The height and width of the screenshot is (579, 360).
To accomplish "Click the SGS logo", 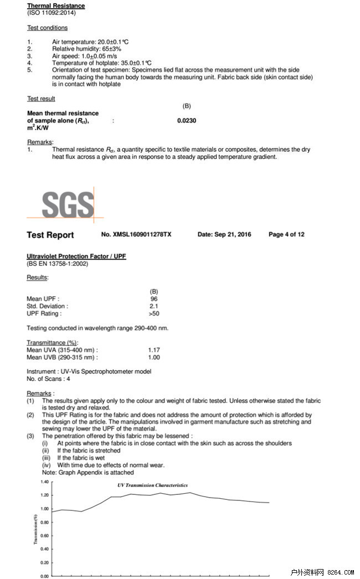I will tap(68, 203).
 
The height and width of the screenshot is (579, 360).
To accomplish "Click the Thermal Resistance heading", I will tap(56, 6).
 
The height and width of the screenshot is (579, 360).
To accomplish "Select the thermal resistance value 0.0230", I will tap(187, 121).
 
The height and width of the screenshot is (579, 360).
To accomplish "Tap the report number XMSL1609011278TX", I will tap(136, 235).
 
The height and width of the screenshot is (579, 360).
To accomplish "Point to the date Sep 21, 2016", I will tap(224, 235).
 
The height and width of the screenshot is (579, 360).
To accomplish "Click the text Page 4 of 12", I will tap(286, 235).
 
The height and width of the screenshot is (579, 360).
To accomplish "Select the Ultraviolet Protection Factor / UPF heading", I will tap(76, 257).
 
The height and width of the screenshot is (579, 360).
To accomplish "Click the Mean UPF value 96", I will tap(154, 299).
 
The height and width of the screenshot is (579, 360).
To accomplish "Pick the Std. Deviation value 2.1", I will tap(154, 306).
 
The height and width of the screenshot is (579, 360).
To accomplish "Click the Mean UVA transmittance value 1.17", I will tap(154, 350).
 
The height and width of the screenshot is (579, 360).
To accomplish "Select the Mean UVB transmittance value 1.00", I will tap(154, 358).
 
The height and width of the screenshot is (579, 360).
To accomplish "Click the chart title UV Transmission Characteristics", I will tap(152, 485).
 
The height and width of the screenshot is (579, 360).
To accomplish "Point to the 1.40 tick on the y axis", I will tap(44, 482).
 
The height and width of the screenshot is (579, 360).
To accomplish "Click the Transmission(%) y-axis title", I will tap(35, 529).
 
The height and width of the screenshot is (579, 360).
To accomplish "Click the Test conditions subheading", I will tap(48, 28).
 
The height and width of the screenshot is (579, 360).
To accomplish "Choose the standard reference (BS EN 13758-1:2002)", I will tap(57, 264).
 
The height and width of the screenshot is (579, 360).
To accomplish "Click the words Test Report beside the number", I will tap(50, 235).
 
